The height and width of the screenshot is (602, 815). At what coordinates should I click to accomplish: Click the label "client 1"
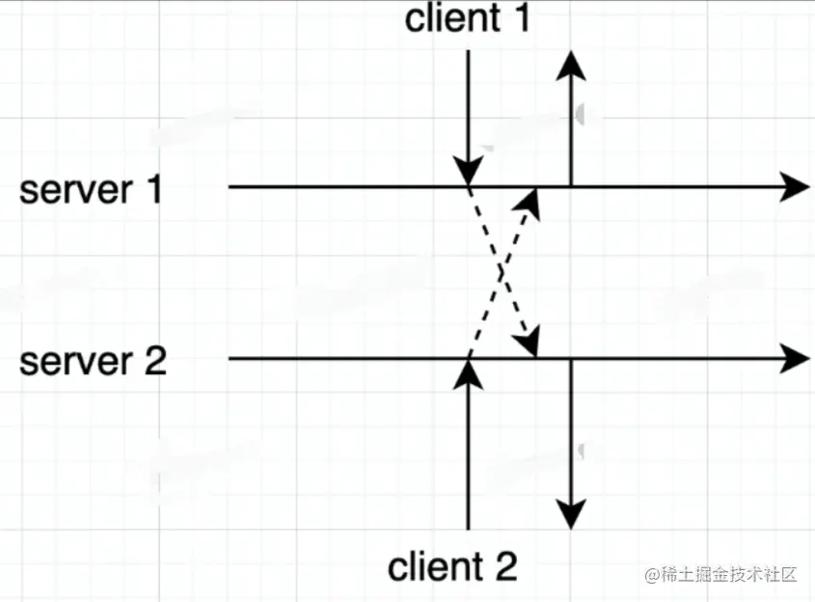tap(467, 18)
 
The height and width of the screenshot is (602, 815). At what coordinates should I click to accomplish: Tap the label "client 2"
tap(451, 566)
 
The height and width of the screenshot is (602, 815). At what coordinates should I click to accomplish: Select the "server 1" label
tap(93, 190)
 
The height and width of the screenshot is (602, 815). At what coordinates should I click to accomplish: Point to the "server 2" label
tap(93, 362)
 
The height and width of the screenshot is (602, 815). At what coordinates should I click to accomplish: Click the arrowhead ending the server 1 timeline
tap(796, 187)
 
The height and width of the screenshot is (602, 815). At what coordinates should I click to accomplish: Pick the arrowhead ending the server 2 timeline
tap(796, 359)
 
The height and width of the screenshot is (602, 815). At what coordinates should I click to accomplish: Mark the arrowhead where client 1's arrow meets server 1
tap(468, 173)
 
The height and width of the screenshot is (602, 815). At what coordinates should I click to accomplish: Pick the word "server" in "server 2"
tap(73, 362)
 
